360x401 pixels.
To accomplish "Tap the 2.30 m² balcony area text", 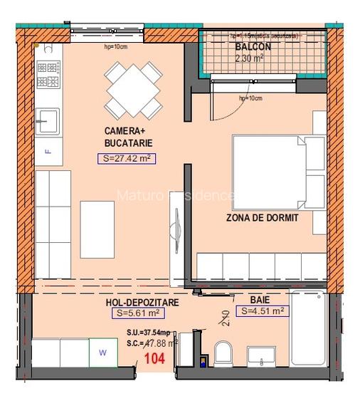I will (x=250, y=58).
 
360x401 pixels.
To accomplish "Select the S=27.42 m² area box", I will (x=127, y=158).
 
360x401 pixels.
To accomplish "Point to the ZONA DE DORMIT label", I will (x=262, y=218).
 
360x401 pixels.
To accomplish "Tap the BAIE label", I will (x=259, y=300).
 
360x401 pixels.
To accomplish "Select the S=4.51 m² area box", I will (x=263, y=311).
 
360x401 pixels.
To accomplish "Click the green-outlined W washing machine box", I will (x=102, y=351).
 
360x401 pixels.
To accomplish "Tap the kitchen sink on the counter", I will (x=49, y=120).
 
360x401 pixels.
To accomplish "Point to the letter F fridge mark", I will (x=47, y=152).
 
